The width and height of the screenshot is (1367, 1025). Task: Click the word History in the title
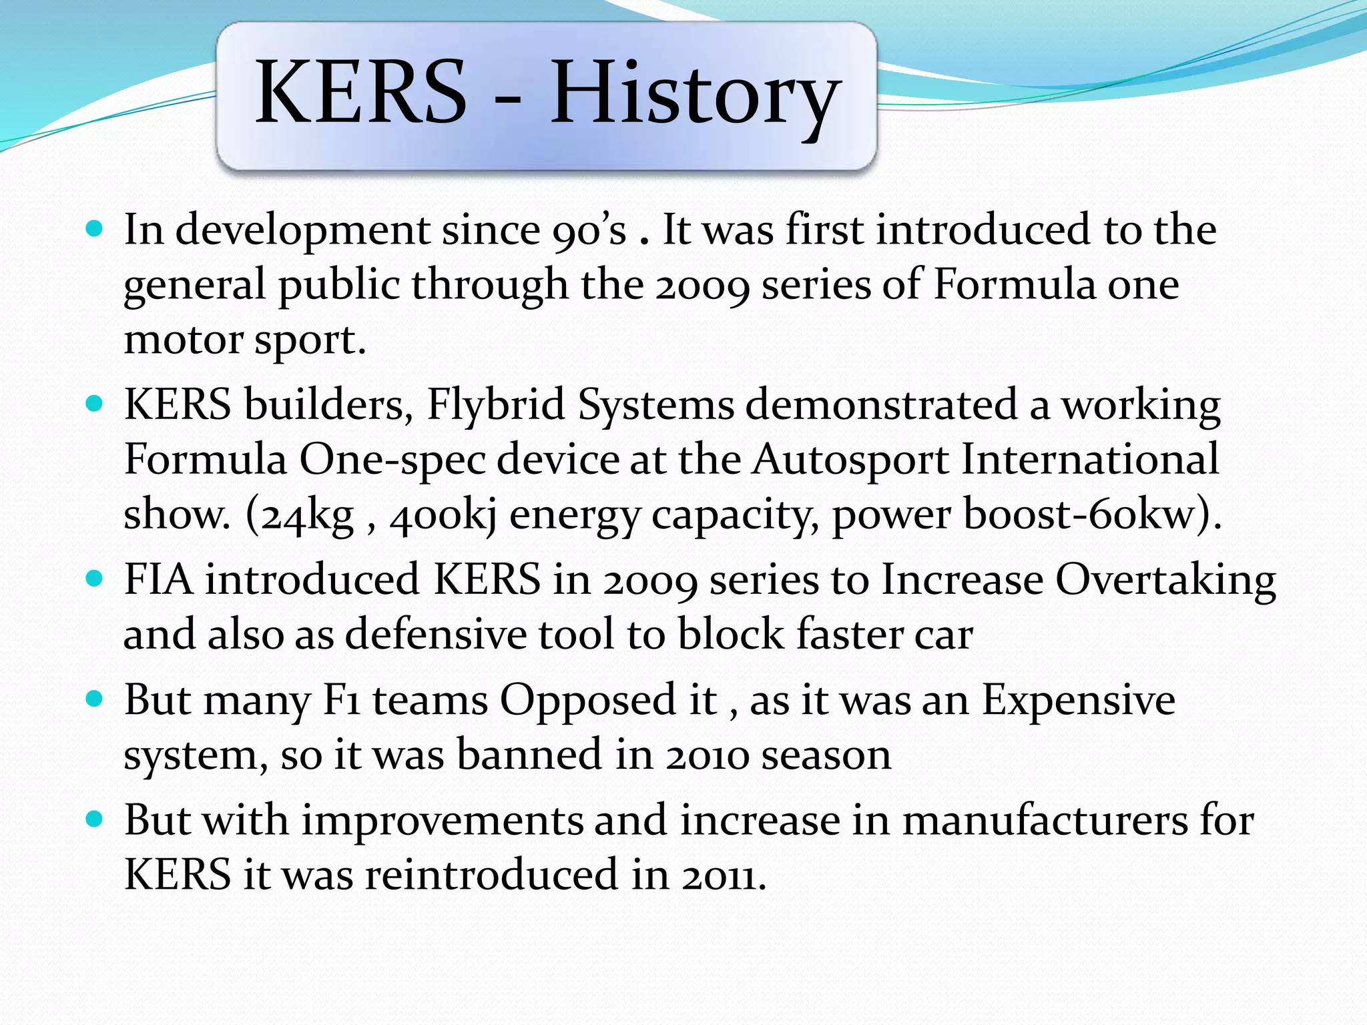coord(694,93)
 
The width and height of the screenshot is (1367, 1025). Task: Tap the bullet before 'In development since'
coord(95,230)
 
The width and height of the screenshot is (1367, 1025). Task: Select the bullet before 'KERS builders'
coord(95,404)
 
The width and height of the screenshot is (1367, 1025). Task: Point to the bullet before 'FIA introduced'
coord(95,579)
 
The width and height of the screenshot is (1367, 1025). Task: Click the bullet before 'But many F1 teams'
coord(95,699)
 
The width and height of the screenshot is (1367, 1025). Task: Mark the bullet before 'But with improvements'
coord(95,819)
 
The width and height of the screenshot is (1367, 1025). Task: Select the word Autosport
coord(850,460)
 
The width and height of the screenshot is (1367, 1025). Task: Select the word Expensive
coord(1078,701)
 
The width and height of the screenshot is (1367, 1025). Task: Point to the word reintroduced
coord(491,876)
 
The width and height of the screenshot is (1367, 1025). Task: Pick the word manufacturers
coord(1045,821)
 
